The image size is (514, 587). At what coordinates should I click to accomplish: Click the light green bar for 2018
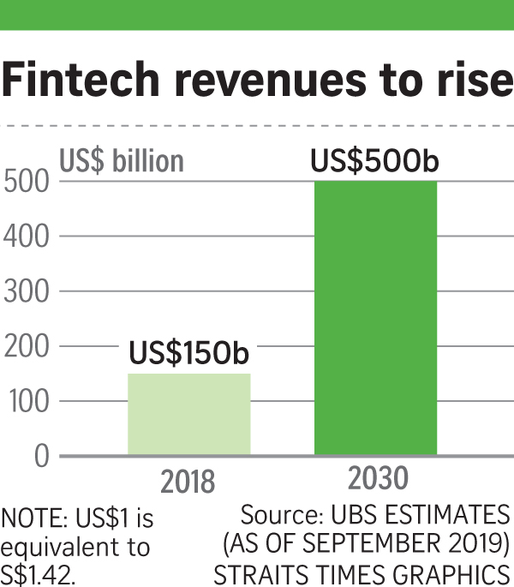[x=189, y=414]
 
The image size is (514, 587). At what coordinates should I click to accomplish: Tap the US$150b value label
[x=189, y=353]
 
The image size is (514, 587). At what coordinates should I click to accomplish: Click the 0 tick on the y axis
[x=40, y=456]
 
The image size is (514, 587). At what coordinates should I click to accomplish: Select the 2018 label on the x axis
[x=189, y=482]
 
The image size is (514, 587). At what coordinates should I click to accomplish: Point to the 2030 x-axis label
[x=377, y=477]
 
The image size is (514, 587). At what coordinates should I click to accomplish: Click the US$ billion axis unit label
[x=121, y=161]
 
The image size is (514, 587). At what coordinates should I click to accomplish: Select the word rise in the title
[x=469, y=79]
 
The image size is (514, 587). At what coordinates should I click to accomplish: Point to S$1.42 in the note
[x=38, y=572]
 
